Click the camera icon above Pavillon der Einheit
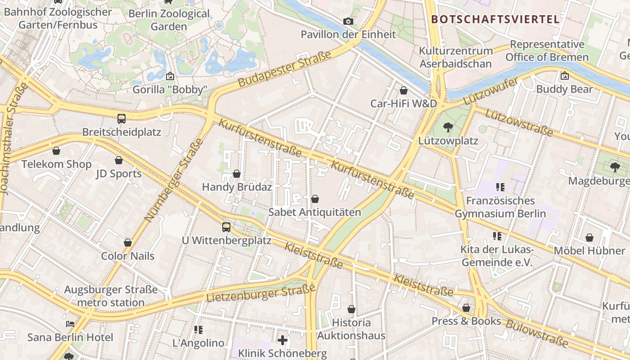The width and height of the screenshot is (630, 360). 348,21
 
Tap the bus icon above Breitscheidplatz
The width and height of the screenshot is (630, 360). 121,119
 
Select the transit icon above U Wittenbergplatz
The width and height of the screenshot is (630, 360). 226,227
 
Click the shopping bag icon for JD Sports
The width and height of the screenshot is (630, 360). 119,160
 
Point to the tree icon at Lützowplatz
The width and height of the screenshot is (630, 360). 448,127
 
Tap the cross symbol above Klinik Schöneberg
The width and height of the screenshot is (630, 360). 282,340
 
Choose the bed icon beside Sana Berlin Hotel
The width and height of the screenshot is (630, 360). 70,324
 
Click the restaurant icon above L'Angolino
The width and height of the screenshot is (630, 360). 198,330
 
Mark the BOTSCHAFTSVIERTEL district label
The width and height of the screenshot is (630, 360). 495,19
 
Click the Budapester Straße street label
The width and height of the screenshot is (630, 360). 284,69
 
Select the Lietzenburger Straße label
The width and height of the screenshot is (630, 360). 261,293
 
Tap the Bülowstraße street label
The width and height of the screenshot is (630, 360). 537,333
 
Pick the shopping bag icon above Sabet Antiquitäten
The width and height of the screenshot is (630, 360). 315,199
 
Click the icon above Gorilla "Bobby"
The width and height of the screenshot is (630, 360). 170,76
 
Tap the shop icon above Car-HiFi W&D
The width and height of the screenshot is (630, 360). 404,90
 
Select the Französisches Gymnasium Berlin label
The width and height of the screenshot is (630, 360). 500,207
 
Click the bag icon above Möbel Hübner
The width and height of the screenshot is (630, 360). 589,238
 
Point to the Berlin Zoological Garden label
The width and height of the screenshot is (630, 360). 169,20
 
